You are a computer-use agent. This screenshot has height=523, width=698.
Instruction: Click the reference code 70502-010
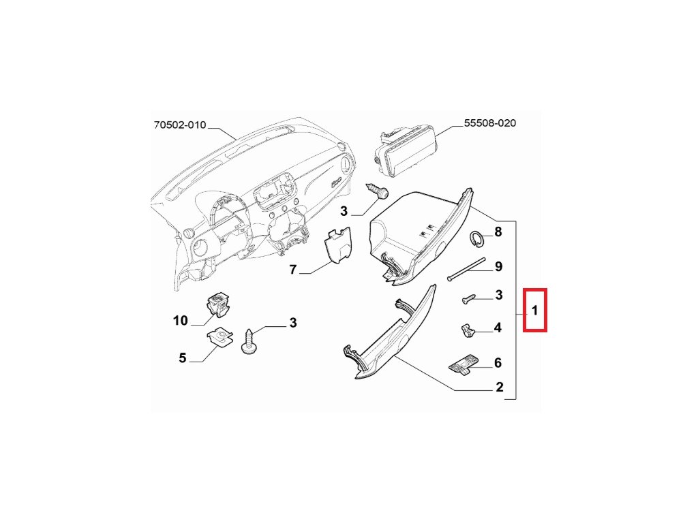click(x=179, y=125)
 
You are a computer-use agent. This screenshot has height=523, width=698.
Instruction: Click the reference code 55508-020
click(x=489, y=123)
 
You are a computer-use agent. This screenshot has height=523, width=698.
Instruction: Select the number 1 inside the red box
click(x=535, y=311)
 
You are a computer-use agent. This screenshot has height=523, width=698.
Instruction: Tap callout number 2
click(x=499, y=388)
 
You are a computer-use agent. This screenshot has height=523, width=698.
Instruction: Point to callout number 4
click(x=498, y=328)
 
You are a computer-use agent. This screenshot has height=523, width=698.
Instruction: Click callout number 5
click(x=182, y=358)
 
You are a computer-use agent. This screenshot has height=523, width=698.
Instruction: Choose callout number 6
click(x=498, y=364)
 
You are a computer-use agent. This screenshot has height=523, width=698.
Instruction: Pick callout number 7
click(x=293, y=270)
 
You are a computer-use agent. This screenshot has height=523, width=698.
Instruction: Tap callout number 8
click(x=498, y=232)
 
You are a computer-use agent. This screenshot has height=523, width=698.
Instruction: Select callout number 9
click(x=498, y=266)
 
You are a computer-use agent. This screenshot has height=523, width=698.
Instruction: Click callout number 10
click(x=180, y=320)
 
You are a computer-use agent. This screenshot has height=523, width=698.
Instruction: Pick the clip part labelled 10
click(x=218, y=304)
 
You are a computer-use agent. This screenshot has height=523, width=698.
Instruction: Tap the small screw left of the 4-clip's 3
click(x=468, y=298)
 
